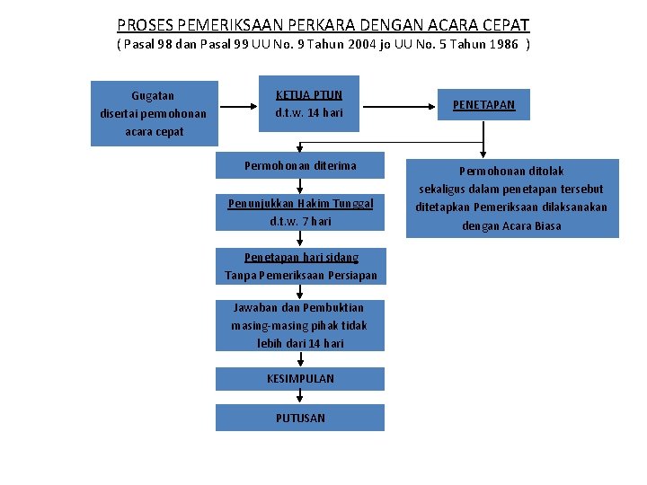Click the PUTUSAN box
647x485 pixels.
[300, 418]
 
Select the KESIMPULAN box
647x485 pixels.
[300, 378]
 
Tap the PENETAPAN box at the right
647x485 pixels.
[483, 105]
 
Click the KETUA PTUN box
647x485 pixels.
[309, 104]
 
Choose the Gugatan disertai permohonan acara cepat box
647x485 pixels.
[155, 113]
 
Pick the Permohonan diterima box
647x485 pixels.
[300, 165]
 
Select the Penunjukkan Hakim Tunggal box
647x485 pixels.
[300, 212]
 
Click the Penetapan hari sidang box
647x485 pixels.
[300, 266]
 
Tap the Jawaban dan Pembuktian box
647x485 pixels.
[300, 325]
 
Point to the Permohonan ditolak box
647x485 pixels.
[511, 198]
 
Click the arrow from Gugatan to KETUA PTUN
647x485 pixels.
[239, 106]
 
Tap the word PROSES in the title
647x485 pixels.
[144, 25]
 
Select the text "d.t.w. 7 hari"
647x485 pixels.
[300, 221]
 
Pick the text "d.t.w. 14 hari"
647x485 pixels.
[309, 113]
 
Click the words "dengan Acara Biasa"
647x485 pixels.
[511, 225]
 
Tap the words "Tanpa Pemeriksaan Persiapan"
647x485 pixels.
[300, 275]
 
